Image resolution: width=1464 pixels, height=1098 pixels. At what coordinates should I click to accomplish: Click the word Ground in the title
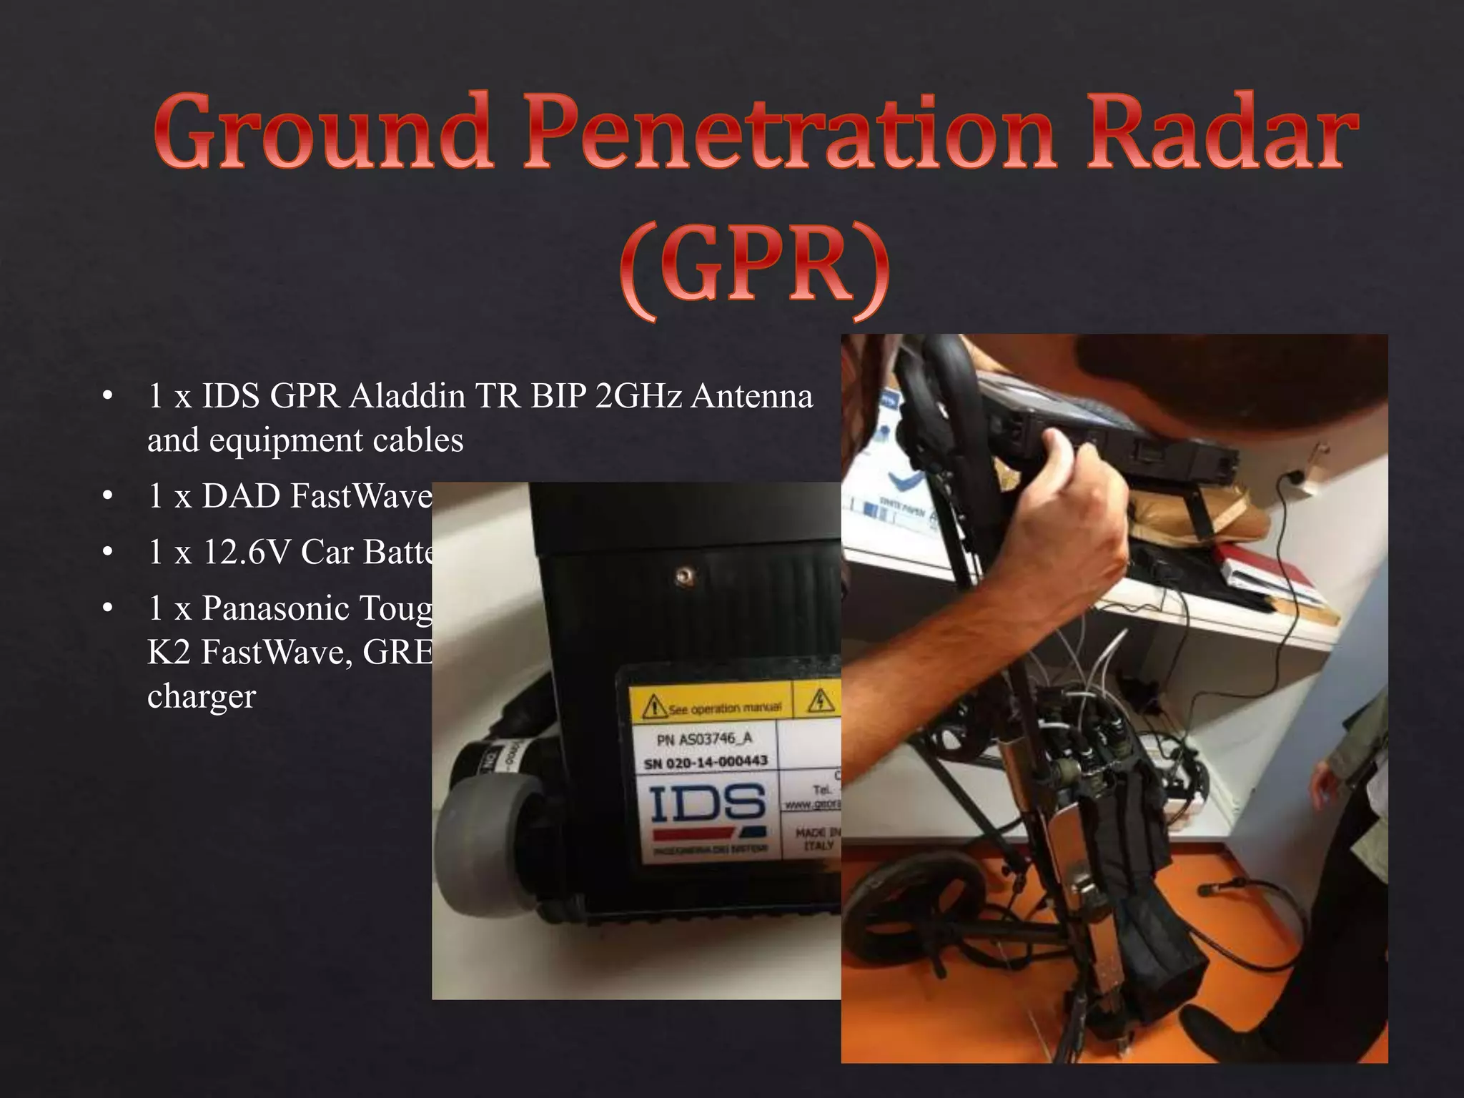tap(322, 132)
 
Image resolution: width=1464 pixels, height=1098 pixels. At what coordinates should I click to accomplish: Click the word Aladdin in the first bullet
tap(407, 396)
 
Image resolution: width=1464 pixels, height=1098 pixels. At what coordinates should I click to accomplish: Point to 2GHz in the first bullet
tap(638, 396)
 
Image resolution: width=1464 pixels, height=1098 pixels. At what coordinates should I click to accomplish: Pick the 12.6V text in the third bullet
tap(247, 553)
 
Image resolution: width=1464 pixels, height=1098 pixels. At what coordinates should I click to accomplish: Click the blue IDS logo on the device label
tap(708, 804)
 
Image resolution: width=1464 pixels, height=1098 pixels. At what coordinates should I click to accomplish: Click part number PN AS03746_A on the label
tap(705, 739)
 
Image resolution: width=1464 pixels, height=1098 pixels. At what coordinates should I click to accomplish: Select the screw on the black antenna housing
tap(686, 573)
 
